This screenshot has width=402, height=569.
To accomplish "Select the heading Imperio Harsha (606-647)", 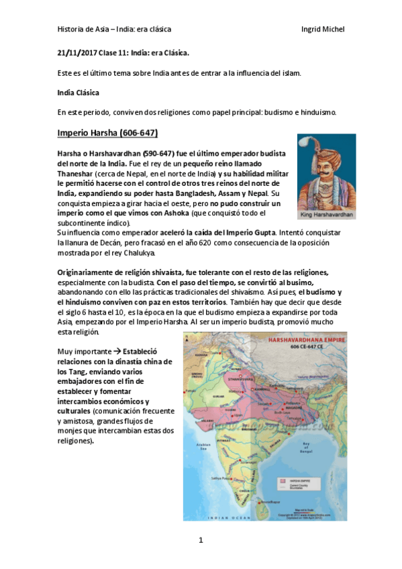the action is [x=108, y=132].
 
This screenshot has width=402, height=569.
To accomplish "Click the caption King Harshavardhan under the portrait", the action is [x=326, y=216].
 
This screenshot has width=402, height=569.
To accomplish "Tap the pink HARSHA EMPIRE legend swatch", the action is [x=292, y=482].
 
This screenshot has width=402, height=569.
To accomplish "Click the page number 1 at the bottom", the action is [x=201, y=541].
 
